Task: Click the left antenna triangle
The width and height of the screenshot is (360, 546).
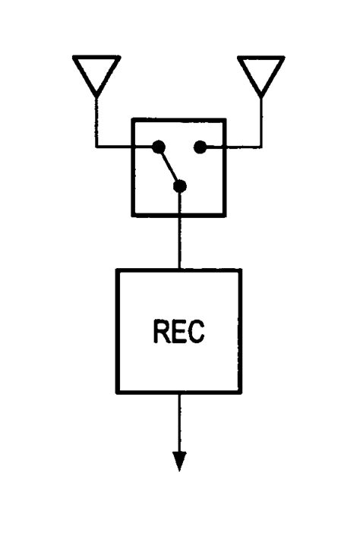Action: [96, 71]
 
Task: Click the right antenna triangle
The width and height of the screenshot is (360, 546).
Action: [261, 71]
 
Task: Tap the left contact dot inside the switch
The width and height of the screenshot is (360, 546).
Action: [158, 147]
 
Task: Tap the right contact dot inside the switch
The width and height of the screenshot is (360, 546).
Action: [199, 147]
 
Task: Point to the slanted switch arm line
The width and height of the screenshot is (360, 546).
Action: [169, 165]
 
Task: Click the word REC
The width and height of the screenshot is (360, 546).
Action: [178, 333]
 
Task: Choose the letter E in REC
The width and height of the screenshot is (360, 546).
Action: [179, 333]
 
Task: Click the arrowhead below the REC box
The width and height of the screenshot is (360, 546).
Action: [179, 460]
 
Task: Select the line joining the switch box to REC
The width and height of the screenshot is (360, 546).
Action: [180, 243]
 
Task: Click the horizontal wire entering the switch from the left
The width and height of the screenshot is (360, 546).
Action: [114, 147]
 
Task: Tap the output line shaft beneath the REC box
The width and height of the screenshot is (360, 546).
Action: [179, 421]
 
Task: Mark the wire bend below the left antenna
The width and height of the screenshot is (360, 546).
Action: [96, 147]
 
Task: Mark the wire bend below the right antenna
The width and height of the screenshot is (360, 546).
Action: [261, 147]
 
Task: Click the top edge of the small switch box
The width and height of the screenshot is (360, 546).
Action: [178, 119]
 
